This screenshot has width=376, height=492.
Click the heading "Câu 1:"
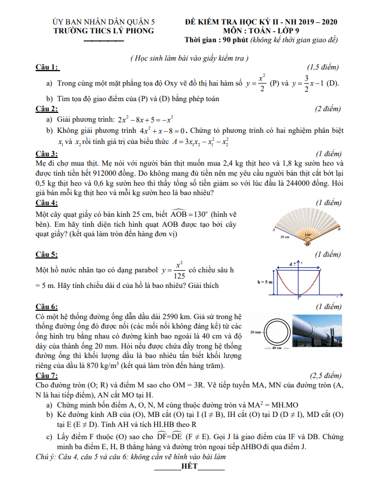[47, 68]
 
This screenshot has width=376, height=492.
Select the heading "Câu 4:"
[47, 202]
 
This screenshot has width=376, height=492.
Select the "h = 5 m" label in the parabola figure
[265, 282]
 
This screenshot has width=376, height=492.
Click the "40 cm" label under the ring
[273, 348]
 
